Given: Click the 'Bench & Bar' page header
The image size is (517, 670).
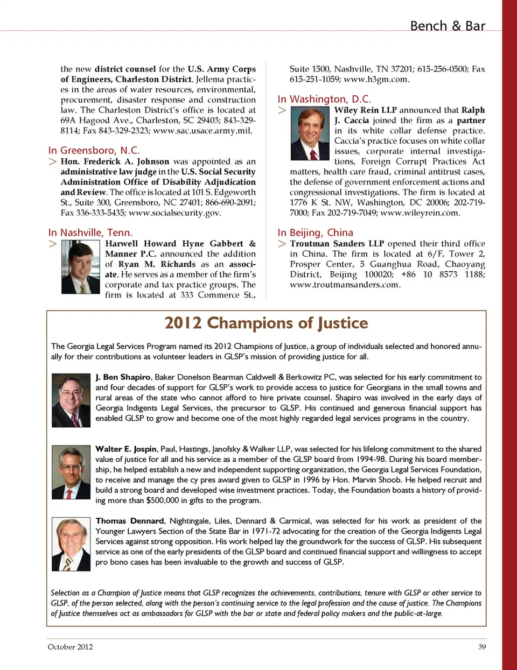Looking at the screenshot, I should (x=447, y=26).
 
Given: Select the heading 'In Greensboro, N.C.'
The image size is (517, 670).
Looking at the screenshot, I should (x=94, y=150).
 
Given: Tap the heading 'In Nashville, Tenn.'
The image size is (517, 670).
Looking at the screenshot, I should (x=90, y=232).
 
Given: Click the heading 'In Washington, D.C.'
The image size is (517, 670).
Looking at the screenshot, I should (x=324, y=99).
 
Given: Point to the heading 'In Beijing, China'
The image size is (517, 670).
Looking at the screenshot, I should (x=315, y=232).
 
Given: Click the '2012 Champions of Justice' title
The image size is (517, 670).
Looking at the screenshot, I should (x=267, y=323).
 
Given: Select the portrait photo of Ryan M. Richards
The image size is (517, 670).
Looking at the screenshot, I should (x=81, y=266).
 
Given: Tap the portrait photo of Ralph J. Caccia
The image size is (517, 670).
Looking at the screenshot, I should (x=310, y=133).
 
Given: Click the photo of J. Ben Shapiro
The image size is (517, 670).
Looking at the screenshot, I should (x=71, y=400).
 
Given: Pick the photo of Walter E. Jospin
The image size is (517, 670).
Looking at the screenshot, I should (x=71, y=472).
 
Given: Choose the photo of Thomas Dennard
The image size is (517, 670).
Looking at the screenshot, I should (x=71, y=544).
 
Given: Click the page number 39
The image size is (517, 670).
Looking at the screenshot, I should (x=482, y=647).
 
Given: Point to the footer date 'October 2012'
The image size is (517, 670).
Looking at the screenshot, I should (x=70, y=647).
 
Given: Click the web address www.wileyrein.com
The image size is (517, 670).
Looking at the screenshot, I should (x=420, y=213).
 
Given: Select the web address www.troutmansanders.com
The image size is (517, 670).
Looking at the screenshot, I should (x=345, y=285).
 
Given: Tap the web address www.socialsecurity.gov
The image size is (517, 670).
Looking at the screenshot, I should (x=174, y=213).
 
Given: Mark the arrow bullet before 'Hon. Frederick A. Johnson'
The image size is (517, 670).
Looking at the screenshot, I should (x=53, y=161).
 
